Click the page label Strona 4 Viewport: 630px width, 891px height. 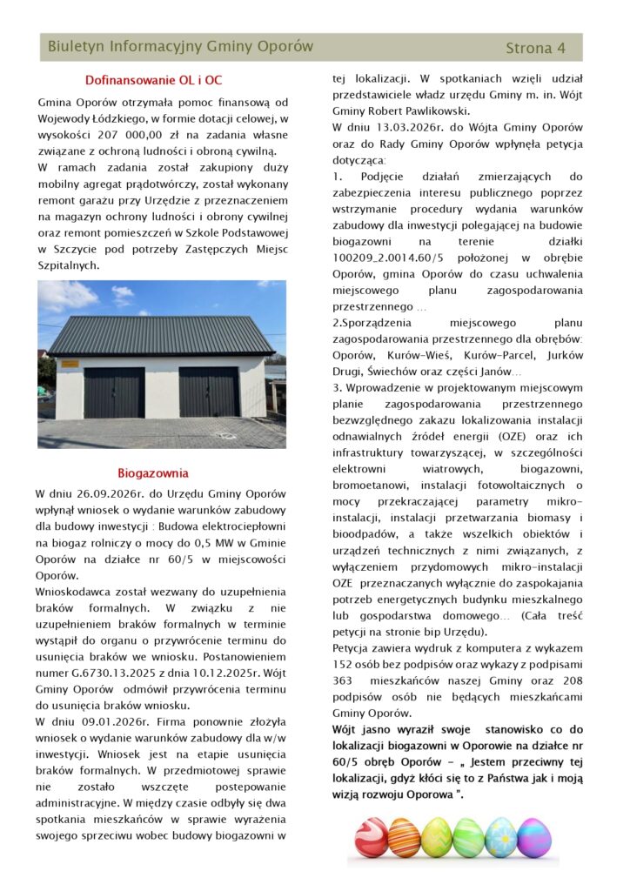tap(535, 48)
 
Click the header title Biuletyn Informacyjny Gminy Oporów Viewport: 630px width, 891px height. tap(180, 46)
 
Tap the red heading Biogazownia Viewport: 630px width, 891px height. tap(153, 473)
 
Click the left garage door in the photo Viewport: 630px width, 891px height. tap(114, 392)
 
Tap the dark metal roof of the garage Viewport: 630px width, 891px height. tap(161, 336)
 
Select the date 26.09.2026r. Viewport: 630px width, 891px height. tap(115, 493)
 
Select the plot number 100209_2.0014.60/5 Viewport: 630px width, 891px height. tap(391, 258)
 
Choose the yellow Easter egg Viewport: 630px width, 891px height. tap(437, 837)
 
